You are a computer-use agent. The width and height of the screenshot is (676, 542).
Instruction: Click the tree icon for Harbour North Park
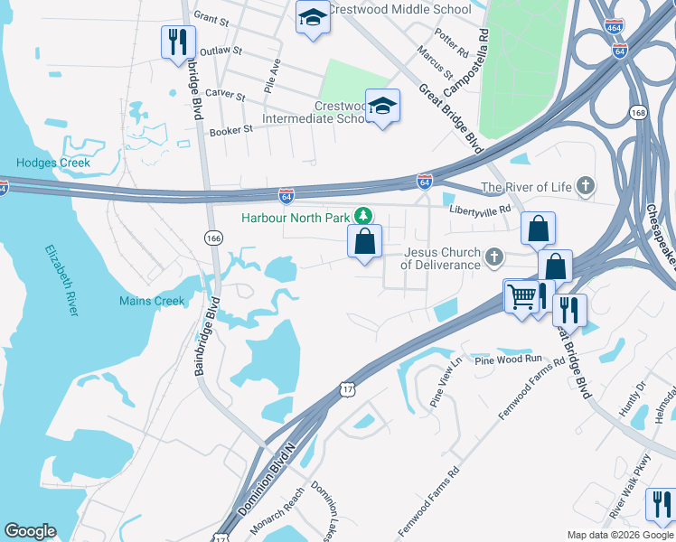[x=363, y=216]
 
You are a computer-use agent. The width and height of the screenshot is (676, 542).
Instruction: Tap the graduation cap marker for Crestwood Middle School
[x=313, y=18]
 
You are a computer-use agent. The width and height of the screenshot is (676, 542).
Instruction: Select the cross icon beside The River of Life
[x=586, y=187]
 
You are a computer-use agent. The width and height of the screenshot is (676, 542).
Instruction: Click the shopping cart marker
[x=521, y=295]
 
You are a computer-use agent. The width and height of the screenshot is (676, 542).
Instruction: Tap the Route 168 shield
[x=639, y=112]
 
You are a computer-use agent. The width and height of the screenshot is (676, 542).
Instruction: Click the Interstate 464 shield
[x=615, y=26]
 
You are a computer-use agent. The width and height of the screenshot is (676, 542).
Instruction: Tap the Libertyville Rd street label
[x=481, y=209]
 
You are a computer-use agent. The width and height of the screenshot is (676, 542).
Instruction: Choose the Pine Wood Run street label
[x=508, y=360]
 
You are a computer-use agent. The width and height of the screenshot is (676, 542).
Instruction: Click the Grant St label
[x=211, y=18]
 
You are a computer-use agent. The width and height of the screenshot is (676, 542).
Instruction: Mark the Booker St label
[x=230, y=131]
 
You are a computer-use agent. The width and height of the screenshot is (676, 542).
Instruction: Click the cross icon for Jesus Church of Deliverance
[x=493, y=258]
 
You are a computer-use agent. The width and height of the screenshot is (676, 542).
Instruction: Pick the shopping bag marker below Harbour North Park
[x=364, y=242]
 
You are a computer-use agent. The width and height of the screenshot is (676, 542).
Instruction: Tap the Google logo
[x=30, y=531]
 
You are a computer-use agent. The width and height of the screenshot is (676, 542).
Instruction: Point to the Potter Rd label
[x=451, y=42]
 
